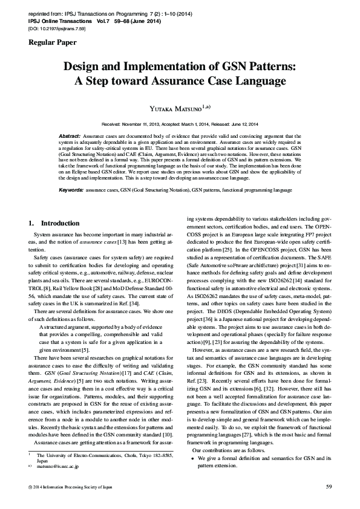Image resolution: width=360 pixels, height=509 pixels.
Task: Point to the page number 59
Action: tap(329, 486)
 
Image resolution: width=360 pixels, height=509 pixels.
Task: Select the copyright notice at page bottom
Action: tap(68, 486)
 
